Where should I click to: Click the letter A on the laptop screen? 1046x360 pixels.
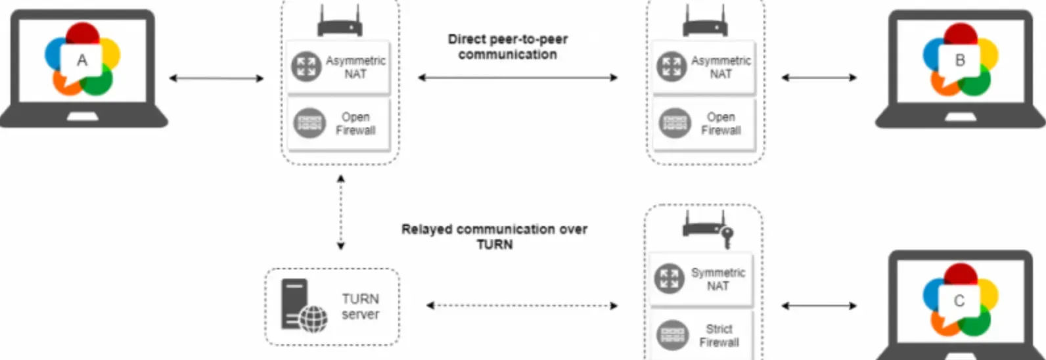(x=82, y=60)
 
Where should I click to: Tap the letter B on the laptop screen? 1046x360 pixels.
(x=960, y=60)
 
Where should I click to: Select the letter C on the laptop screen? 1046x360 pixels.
(x=959, y=301)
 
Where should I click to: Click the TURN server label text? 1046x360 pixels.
(x=360, y=306)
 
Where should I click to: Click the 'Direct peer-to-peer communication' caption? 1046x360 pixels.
(x=508, y=47)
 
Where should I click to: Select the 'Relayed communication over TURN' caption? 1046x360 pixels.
(x=495, y=236)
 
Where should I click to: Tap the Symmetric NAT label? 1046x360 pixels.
(x=717, y=279)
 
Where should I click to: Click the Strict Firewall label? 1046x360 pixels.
(x=719, y=336)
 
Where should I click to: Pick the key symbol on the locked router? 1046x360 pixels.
(x=727, y=237)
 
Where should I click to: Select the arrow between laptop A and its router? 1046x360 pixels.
(x=216, y=78)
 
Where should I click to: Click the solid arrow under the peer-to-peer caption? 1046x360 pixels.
(x=517, y=78)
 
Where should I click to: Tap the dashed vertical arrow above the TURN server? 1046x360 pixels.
(x=341, y=212)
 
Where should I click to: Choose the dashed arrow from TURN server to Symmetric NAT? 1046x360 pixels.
(x=522, y=306)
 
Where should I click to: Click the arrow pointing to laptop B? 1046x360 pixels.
(x=819, y=78)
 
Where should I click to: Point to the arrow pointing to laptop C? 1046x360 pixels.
(x=819, y=306)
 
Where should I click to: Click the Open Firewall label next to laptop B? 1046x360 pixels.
(x=721, y=124)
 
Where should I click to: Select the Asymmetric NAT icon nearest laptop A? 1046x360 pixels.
(x=306, y=66)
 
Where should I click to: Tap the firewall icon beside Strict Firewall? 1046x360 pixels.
(x=672, y=335)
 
